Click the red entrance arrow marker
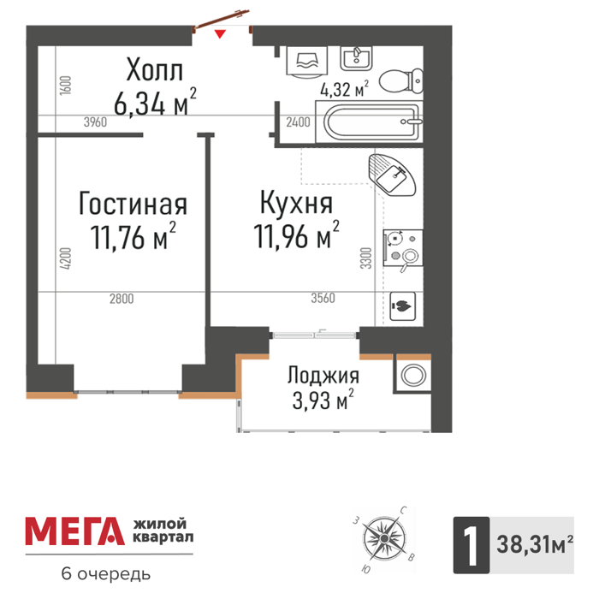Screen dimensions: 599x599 tap(220, 33)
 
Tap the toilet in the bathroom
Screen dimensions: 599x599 tap(400, 81)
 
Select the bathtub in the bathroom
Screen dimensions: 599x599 tap(369, 122)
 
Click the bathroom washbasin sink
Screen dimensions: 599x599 tap(356, 58)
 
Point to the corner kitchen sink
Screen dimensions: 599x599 tap(392, 175)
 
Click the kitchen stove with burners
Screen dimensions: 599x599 tap(403, 248)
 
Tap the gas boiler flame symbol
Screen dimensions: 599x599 tap(402, 305)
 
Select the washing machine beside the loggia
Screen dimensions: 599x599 tap(413, 375)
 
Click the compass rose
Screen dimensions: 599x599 tap(383, 538)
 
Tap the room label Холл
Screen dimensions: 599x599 tap(154, 69)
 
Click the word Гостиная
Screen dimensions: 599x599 tap(133, 204)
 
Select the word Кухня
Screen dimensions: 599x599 tap(296, 203)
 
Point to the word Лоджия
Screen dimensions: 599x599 tap(323, 375)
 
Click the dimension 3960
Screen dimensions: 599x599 tap(95, 122)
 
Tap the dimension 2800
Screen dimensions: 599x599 tap(122, 299)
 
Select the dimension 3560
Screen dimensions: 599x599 tap(323, 298)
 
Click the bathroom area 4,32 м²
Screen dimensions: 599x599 tap(345, 89)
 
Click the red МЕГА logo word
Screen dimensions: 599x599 tap(75, 531)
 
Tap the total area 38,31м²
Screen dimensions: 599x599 tap(535, 544)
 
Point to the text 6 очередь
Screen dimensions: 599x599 tap(106, 574)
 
